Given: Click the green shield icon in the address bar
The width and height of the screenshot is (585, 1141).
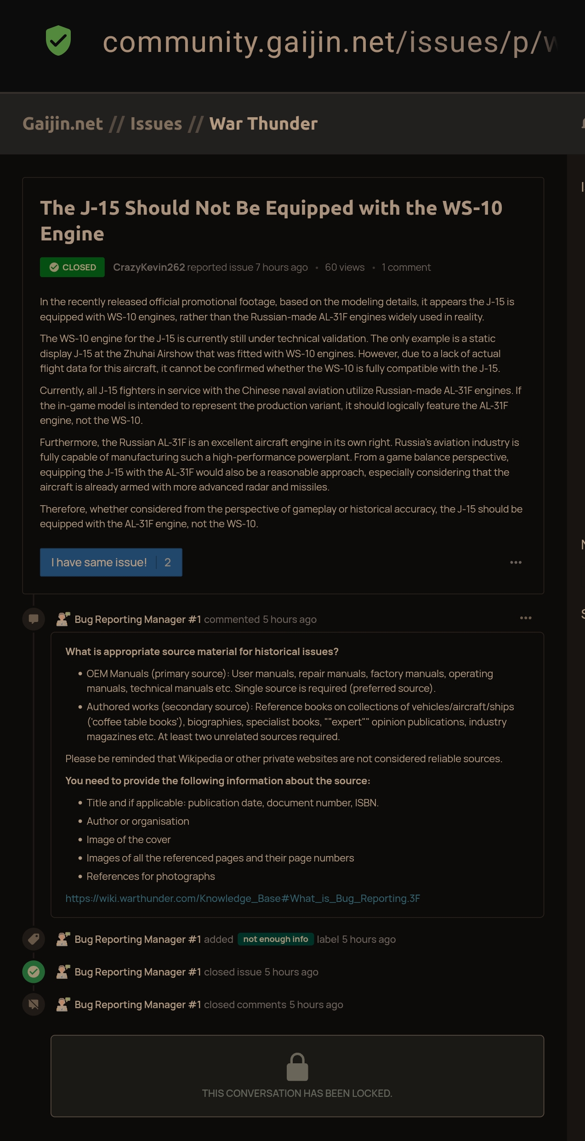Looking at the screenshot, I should pyautogui.click(x=58, y=41).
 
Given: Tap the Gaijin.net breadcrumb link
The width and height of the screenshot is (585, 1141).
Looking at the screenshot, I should pyautogui.click(x=62, y=124).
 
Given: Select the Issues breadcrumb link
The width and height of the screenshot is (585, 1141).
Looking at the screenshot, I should pyautogui.click(x=156, y=124).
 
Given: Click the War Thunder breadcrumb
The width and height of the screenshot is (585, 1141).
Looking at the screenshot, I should pyautogui.click(x=263, y=124).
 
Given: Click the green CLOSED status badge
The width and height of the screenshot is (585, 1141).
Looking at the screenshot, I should pyautogui.click(x=72, y=267).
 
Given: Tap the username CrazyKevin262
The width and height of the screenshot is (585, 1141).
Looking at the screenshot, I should pyautogui.click(x=149, y=267).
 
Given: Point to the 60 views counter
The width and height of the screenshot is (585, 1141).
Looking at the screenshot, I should pyautogui.click(x=344, y=267).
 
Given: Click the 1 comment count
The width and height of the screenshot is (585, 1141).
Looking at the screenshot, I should pyautogui.click(x=406, y=267).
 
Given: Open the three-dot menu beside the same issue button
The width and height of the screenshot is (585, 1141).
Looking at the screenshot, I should pyautogui.click(x=516, y=562).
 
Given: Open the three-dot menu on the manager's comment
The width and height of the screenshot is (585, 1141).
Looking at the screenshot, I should pyautogui.click(x=525, y=618).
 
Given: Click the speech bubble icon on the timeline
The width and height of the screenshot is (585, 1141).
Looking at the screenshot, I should pyautogui.click(x=34, y=619).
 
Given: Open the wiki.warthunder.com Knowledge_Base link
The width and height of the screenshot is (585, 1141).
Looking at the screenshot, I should pyautogui.click(x=243, y=898).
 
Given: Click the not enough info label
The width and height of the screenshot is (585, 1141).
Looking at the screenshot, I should pyautogui.click(x=275, y=939).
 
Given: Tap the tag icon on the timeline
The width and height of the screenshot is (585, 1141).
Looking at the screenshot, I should pyautogui.click(x=34, y=939).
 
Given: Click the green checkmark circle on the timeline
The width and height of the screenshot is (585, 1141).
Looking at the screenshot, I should pyautogui.click(x=34, y=972).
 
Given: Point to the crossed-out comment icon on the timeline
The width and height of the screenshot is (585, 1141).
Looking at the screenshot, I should pyautogui.click(x=34, y=1004).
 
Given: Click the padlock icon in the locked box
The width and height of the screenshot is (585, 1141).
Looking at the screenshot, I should pyautogui.click(x=297, y=1067).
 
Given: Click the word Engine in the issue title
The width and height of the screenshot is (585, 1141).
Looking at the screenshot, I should pyautogui.click(x=72, y=234).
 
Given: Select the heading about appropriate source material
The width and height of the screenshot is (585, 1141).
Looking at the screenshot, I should pyautogui.click(x=202, y=651).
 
